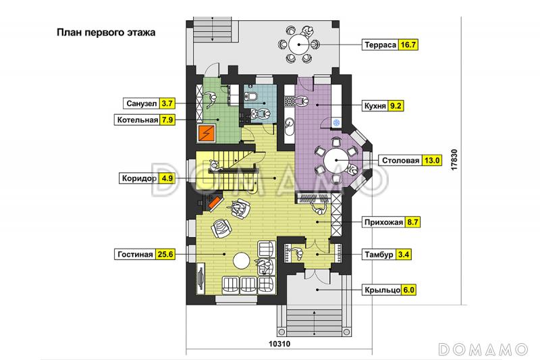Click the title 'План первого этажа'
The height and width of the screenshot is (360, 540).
click(106, 32)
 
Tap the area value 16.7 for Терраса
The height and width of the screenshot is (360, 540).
click(408, 45)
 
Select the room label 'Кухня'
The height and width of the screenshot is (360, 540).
click(375, 106)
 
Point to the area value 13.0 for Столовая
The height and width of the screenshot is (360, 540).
click(432, 160)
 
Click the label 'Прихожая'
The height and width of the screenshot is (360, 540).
click(383, 222)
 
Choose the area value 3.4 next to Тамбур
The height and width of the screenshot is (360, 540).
click(403, 255)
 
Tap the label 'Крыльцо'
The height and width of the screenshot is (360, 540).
click(382, 290)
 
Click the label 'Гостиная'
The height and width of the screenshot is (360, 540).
click(135, 254)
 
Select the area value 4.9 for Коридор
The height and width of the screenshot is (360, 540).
click(167, 178)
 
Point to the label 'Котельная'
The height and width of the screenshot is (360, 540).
click(138, 120)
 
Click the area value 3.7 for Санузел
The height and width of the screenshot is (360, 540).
click(167, 103)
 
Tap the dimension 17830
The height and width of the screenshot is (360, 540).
click(454, 159)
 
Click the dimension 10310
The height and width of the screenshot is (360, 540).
click(279, 344)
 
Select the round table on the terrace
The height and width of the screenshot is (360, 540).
click(298, 45)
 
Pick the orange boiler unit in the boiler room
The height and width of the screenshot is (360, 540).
click(207, 133)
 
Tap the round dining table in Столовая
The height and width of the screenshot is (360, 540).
click(336, 160)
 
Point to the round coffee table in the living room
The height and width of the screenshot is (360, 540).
click(242, 261)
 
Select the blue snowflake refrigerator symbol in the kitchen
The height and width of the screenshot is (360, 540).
click(336, 122)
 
